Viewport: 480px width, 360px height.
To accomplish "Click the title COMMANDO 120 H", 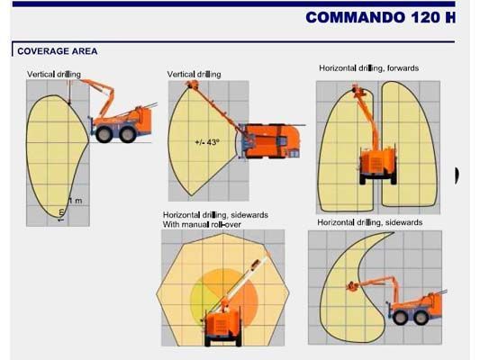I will (379, 17).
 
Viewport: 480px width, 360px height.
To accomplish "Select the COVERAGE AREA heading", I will (58, 51).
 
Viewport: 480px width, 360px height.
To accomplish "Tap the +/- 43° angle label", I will (206, 142).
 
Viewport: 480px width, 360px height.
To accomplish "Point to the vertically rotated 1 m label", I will (61, 213).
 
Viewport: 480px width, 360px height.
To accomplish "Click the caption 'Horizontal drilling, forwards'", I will (368, 67).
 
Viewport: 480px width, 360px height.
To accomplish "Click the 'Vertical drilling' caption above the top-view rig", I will (194, 74).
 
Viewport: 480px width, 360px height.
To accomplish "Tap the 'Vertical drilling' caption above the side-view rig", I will (53, 73).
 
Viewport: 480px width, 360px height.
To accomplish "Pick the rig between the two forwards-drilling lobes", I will (378, 163).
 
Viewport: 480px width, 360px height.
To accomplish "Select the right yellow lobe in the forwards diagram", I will (412, 135).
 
